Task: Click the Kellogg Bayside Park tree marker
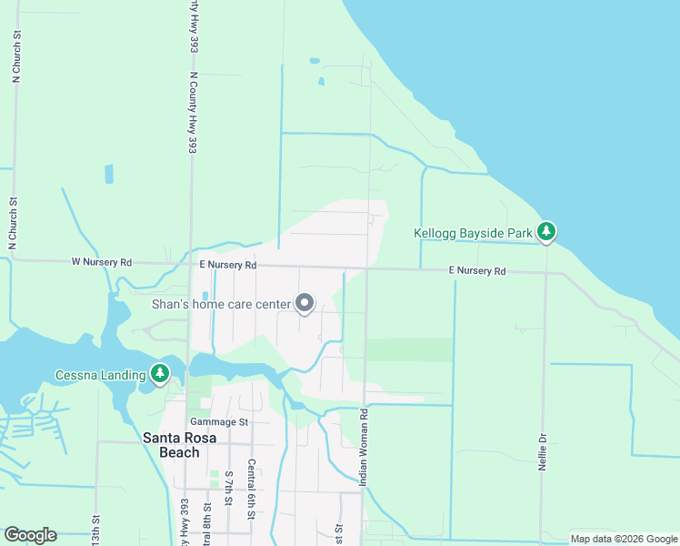545,233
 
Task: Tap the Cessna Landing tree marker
160,373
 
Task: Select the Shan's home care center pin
305,304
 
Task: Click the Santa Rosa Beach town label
172,445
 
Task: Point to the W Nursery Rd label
102,262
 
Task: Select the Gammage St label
219,422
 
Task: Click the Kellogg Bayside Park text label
473,234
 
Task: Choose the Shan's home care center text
221,304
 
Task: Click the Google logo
30,535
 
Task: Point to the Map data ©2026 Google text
623,539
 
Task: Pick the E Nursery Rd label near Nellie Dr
477,271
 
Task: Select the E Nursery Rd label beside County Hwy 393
228,265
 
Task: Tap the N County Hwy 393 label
193,113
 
